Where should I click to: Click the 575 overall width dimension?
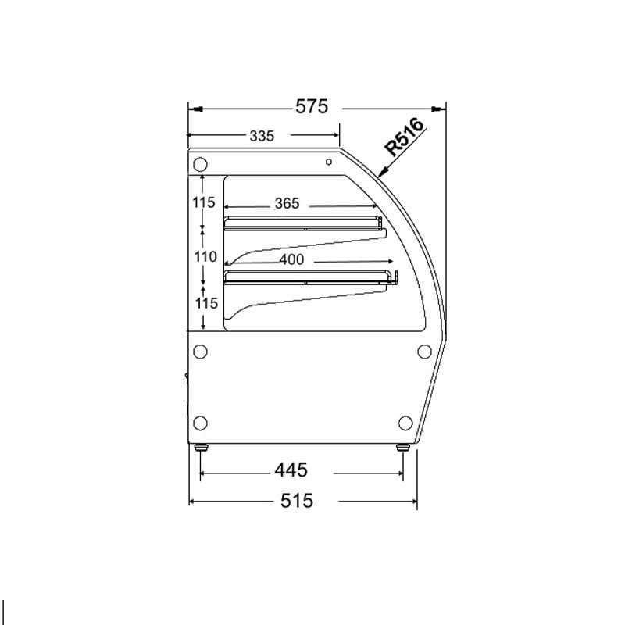312,107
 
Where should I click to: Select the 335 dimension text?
262,136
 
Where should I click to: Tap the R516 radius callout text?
405,137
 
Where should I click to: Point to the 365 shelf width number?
287,204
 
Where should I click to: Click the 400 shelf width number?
291,260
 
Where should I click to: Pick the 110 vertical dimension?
205,257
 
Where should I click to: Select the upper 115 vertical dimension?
204,203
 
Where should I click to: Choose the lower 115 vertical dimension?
205,303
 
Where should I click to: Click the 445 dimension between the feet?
290,470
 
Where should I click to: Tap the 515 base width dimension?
296,501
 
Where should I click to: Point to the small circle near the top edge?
329,162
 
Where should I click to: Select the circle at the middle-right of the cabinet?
426,351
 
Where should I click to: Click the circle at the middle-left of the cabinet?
200,351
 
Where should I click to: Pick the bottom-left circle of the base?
200,423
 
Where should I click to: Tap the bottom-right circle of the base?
405,423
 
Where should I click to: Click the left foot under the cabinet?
201,448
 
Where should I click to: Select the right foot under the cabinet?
403,448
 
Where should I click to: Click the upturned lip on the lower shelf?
395,277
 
